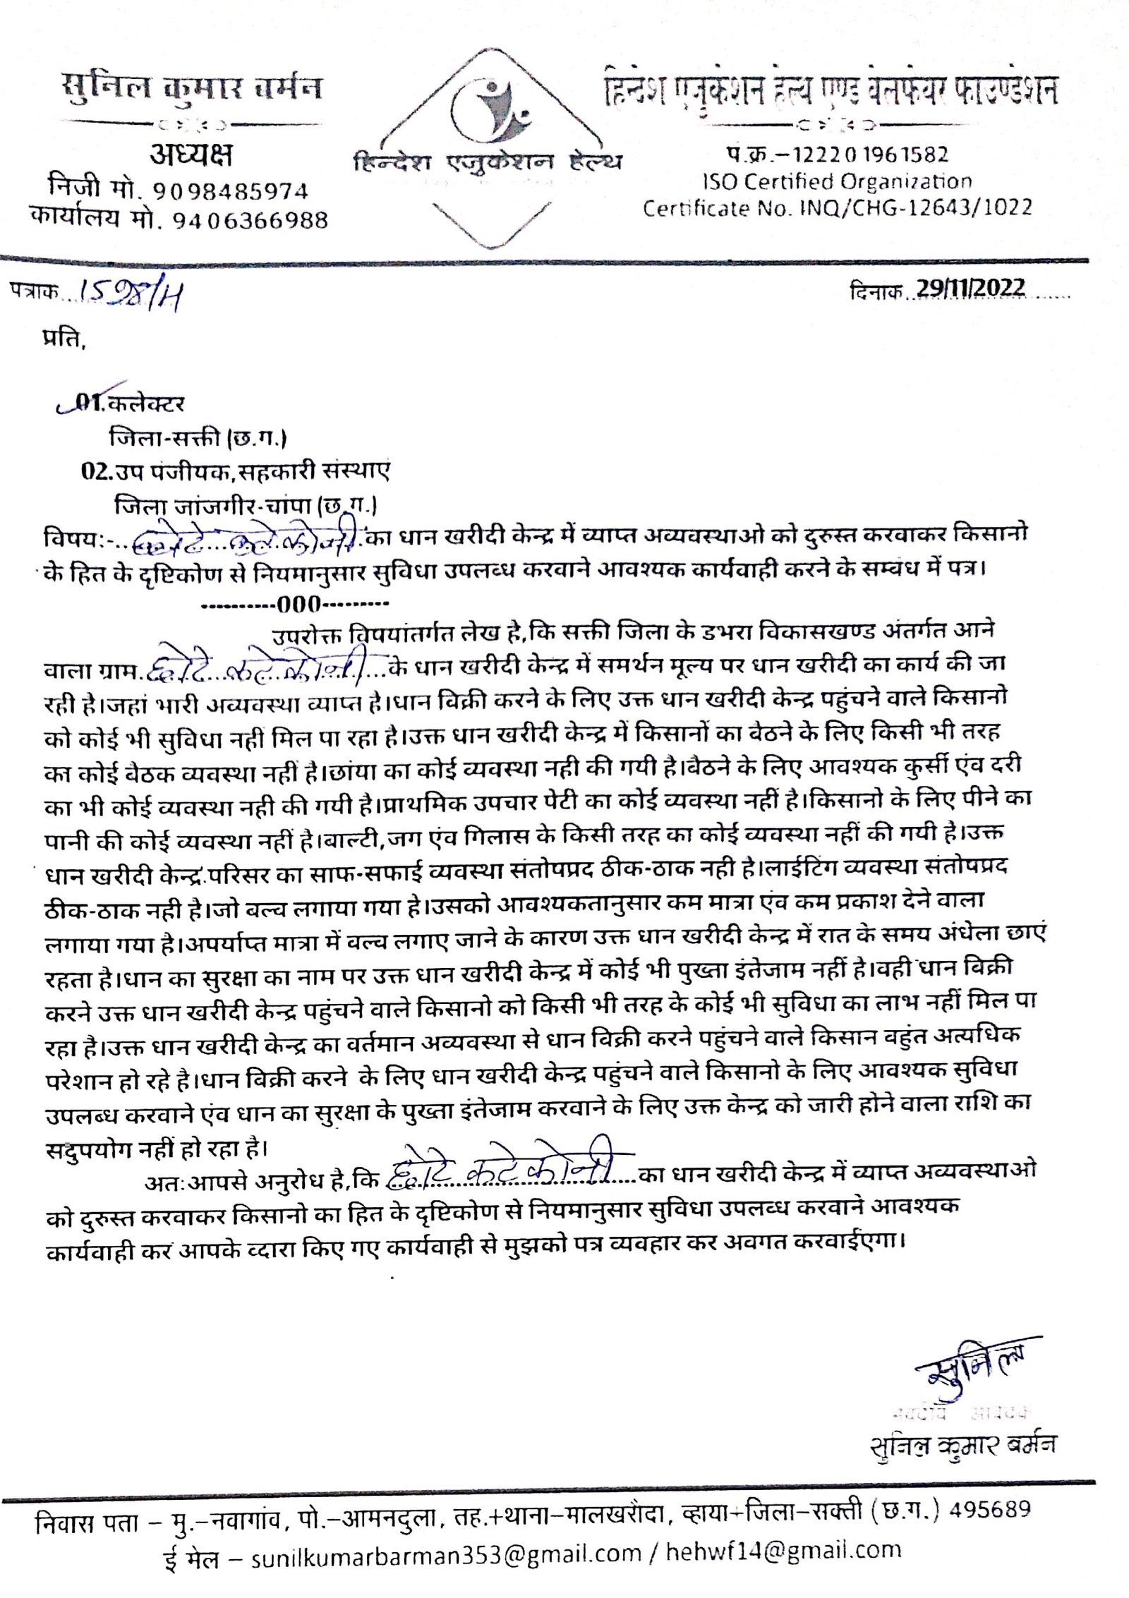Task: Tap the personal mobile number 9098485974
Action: (231, 191)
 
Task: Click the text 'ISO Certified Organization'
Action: (837, 182)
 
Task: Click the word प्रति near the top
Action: (64, 340)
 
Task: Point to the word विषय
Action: (68, 538)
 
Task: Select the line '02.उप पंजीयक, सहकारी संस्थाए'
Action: (235, 471)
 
